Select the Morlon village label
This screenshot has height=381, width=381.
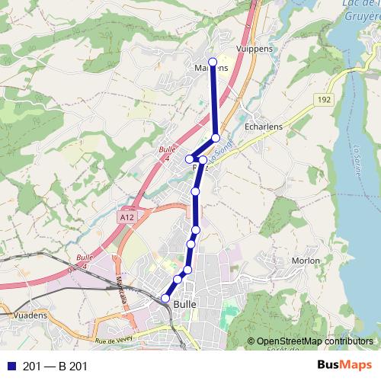(306, 261)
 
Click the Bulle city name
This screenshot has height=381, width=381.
(185, 303)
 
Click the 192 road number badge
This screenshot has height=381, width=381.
(322, 99)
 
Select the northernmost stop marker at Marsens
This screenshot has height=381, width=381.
(213, 62)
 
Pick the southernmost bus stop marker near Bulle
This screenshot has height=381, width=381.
(165, 298)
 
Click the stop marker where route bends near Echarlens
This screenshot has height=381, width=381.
(216, 138)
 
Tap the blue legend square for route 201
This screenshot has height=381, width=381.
(10, 367)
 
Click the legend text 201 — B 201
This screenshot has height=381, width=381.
(56, 367)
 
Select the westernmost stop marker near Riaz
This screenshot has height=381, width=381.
(189, 158)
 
